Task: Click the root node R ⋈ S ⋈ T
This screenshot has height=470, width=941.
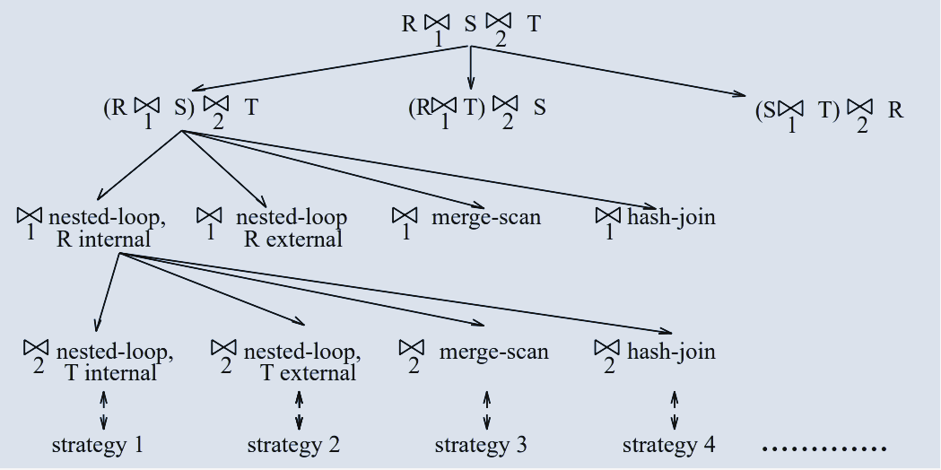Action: click(471, 26)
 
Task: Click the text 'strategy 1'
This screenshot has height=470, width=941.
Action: click(98, 444)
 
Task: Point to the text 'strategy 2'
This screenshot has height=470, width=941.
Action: click(293, 444)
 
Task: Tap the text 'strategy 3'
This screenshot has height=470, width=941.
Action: click(481, 444)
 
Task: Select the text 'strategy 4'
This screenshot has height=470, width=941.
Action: click(669, 444)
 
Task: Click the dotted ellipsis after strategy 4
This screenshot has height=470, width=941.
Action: click(823, 447)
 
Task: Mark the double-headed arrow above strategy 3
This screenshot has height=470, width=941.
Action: click(486, 411)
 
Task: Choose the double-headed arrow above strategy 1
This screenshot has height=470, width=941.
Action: click(104, 411)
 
